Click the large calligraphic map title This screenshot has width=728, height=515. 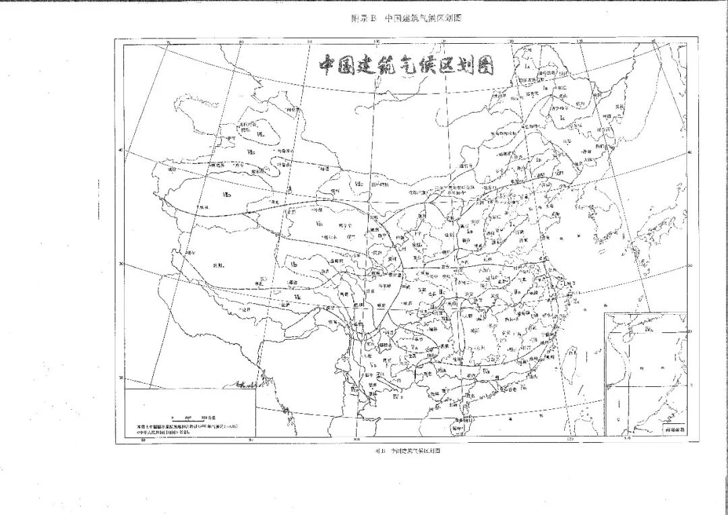(406, 65)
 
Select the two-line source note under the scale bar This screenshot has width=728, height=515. (187, 429)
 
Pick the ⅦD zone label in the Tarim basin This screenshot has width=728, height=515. (228, 195)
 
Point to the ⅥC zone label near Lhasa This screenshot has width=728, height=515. (297, 297)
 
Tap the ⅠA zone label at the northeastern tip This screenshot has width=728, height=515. (529, 67)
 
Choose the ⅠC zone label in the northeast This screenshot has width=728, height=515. (562, 118)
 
